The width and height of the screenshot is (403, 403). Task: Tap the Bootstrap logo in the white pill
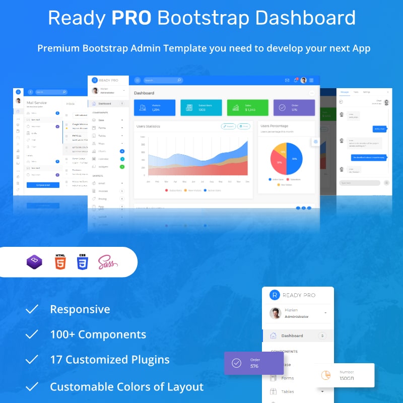click(34, 262)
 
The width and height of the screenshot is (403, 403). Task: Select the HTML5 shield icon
click(60, 262)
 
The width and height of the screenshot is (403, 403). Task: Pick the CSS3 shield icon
click(83, 262)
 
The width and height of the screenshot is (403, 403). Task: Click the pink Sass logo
click(108, 262)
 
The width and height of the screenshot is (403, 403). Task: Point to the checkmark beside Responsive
click(32, 309)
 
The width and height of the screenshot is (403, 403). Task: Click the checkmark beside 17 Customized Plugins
click(32, 360)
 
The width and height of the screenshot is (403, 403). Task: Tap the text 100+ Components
click(98, 334)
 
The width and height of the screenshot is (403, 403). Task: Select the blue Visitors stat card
click(155, 107)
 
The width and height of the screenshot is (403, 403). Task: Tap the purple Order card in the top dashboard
click(294, 107)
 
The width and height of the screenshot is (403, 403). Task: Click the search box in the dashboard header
click(162, 80)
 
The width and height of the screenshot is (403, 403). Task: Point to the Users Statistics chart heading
click(148, 126)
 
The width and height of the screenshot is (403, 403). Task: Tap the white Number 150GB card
click(345, 375)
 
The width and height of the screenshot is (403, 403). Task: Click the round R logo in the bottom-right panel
click(274, 295)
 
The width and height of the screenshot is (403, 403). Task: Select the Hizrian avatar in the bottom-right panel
click(275, 313)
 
